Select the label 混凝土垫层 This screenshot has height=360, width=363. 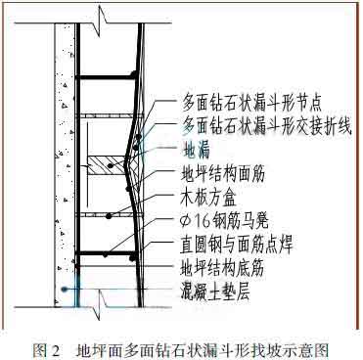[x=220, y=289]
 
